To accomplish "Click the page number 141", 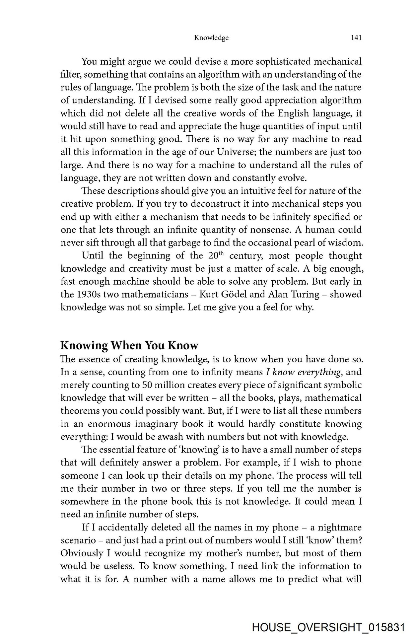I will pyautogui.click(x=356, y=38).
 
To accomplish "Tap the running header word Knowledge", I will pyautogui.click(x=211, y=38).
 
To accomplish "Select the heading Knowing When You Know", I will pyautogui.click(x=129, y=345).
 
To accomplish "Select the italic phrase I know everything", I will pyautogui.click(x=304, y=372).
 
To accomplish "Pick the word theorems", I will pyautogui.click(x=80, y=411).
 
